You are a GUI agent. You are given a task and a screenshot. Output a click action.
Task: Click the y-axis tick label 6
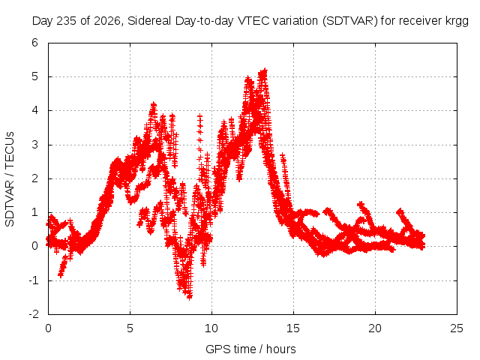click(x=34, y=43)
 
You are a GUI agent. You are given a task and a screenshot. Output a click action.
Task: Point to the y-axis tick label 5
click(x=34, y=76)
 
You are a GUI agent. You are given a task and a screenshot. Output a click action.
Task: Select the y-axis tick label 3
click(x=34, y=145)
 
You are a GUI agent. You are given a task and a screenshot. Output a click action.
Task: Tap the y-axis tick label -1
click(x=33, y=280)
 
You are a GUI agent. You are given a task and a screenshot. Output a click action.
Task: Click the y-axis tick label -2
click(x=33, y=314)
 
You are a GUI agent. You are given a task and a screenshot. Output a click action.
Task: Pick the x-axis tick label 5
click(x=130, y=328)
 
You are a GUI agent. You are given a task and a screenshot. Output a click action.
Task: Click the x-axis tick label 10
click(x=211, y=328)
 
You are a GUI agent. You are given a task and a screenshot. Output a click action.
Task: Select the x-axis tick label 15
click(x=293, y=328)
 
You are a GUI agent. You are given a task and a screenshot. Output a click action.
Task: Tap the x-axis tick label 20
click(x=375, y=328)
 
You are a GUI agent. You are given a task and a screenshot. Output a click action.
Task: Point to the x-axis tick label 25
click(x=457, y=328)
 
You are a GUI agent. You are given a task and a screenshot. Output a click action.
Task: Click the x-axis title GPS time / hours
click(x=250, y=349)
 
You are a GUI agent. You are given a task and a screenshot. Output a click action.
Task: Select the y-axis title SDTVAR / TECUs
click(x=10, y=179)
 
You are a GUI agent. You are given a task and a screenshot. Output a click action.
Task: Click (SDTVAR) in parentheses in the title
click(x=350, y=21)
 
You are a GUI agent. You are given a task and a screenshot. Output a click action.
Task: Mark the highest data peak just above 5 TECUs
click(x=265, y=70)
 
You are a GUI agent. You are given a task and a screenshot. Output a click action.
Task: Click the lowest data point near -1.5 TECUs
click(x=190, y=296)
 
